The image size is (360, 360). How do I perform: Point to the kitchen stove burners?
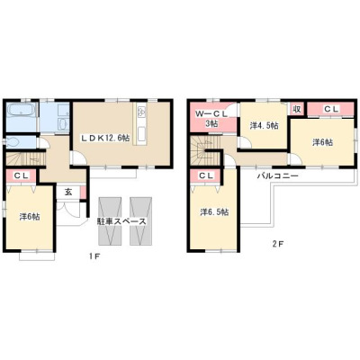pos(141,112)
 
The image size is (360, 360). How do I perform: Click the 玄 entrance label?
pos(68,193)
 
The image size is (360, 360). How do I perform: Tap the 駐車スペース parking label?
pos(121,221)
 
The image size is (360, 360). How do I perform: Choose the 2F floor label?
pos(277,244)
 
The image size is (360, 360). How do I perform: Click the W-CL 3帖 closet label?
pos(211,118)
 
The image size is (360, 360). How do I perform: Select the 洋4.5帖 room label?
pos(264,125)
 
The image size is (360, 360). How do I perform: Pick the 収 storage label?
pos(297,109)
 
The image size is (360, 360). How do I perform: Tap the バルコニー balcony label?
pos(277,175)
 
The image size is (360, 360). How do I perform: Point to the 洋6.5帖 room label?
pos(214,212)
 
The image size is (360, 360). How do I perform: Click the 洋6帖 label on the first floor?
pos(30,216)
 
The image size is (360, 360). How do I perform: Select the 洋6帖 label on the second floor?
pos(322,142)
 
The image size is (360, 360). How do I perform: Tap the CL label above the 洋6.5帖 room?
pos(206,176)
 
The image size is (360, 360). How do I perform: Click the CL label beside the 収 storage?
pos(330,109)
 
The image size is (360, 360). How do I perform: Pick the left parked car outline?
pos(110,221)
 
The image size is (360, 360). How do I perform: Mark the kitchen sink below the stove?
pos(141,133)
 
